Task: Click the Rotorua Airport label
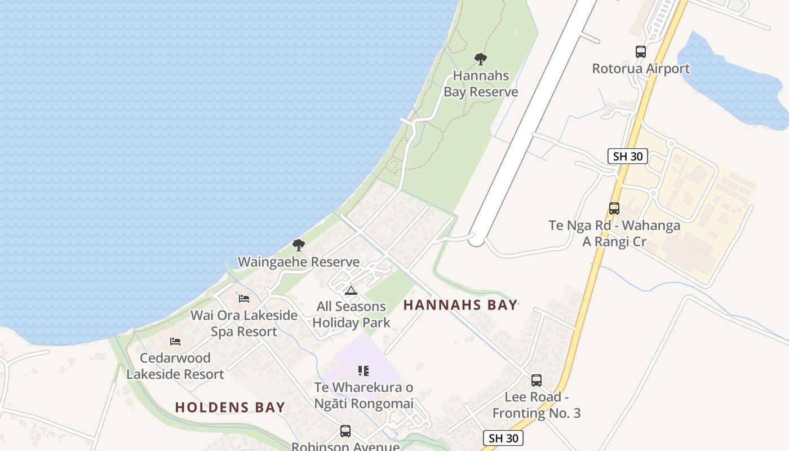pos(641,69)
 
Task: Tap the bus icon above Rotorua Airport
pos(641,52)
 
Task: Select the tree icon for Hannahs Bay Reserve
pos(481,59)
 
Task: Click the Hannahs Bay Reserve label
pos(481,83)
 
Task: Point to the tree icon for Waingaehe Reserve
pos(299,245)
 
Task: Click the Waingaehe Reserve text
pos(299,262)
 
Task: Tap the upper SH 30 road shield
pos(628,156)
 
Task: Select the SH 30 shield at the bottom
pos(503,438)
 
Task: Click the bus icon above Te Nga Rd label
pos(614,209)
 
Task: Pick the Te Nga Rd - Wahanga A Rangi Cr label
pos(614,233)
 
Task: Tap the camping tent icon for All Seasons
pos(351,291)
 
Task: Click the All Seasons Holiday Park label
pos(351,315)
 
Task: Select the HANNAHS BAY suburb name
pos(460,306)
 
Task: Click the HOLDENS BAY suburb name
pos(230,407)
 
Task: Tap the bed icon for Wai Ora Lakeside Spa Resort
pos(244,298)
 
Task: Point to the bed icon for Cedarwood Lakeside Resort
pos(175,342)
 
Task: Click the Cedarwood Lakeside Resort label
pos(175,366)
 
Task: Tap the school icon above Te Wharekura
pos(364,371)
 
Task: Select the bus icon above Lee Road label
pos(537,381)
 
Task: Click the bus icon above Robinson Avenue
pos(345,431)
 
